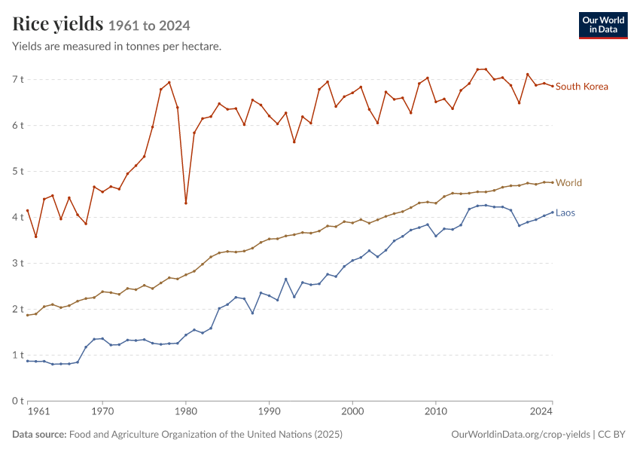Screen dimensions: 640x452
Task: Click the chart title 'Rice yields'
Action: point(57,23)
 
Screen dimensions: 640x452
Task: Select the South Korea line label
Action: point(581,87)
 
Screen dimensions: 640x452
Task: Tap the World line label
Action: point(568,183)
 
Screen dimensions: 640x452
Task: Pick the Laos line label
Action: point(565,212)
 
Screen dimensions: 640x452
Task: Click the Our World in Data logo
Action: point(603,26)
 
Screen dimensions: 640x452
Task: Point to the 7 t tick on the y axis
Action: point(18,79)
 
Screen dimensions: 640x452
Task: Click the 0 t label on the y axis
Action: point(18,401)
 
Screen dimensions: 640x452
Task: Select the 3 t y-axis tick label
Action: point(18,263)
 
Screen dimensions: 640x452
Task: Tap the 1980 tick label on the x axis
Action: point(186,411)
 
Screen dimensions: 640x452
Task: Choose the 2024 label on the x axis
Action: point(541,411)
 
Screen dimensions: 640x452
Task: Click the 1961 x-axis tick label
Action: point(38,411)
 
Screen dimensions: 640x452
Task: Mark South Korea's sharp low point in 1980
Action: point(186,203)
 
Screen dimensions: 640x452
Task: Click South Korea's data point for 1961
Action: point(28,211)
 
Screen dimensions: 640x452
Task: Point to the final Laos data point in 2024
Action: point(553,212)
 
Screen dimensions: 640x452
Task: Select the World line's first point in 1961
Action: point(28,315)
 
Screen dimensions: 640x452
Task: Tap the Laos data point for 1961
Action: point(28,361)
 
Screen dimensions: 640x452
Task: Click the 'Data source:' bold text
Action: point(39,434)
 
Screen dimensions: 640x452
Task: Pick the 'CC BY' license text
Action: point(611,434)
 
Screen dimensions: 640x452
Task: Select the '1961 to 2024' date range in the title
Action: point(149,26)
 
